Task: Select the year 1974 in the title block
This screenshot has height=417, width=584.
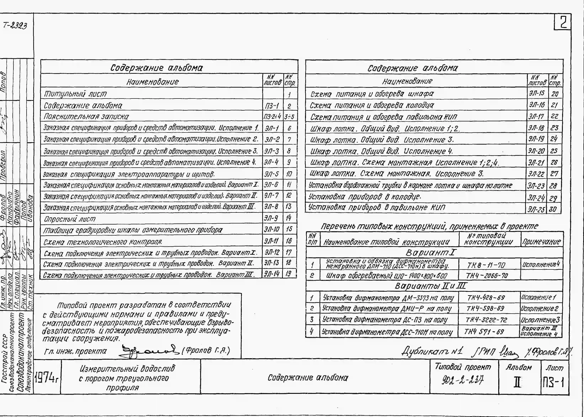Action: point(46,377)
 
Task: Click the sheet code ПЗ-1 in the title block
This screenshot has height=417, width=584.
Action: point(553,383)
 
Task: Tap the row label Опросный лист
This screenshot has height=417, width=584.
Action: point(70,219)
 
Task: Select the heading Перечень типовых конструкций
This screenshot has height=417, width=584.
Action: point(429,226)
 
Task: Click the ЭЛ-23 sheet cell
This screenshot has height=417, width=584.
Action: point(536,186)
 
